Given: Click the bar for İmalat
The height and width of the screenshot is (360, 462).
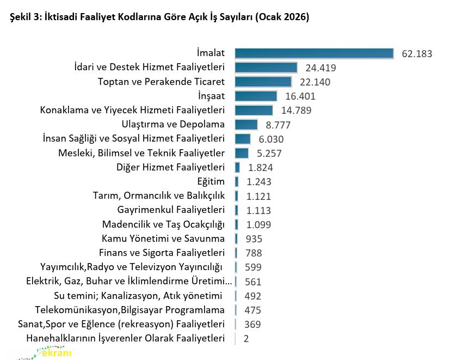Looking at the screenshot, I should [314, 53].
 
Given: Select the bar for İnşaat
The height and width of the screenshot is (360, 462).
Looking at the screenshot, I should [256, 96].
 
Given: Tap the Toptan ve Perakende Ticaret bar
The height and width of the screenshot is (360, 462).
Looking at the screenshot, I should [263, 82].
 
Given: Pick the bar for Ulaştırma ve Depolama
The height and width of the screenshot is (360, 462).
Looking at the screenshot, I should [246, 125].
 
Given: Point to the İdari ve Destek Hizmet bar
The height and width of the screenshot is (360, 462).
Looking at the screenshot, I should [266, 68].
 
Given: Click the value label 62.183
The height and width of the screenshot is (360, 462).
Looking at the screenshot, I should [417, 54].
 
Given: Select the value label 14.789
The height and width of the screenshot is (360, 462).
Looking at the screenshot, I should [295, 111].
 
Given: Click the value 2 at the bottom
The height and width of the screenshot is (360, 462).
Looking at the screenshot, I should [247, 338].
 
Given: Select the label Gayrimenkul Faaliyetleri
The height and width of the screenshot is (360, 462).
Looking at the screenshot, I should [171, 210].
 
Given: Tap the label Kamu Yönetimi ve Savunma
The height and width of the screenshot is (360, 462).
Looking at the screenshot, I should [163, 239].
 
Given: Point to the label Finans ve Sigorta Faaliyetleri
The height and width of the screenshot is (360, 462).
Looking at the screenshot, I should [162, 253].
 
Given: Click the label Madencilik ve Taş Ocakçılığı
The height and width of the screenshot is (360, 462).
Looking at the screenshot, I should [163, 224].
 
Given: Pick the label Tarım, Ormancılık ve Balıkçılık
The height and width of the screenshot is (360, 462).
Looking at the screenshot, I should [159, 196].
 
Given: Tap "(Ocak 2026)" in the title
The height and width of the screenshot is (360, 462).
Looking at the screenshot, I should [284, 17].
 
